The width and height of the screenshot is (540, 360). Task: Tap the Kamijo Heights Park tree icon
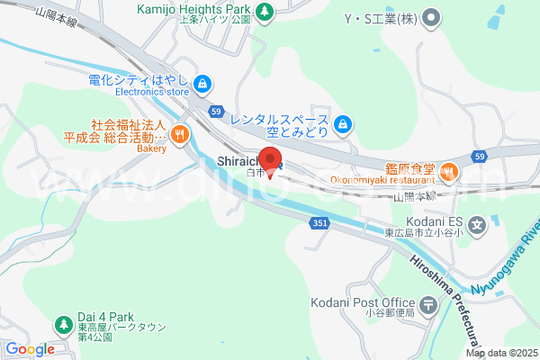(x=265, y=12)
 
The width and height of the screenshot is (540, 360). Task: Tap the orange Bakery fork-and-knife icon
(x=180, y=135)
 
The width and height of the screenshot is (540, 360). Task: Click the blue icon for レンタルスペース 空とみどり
(x=342, y=123)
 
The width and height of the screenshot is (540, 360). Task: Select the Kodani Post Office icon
(x=427, y=304)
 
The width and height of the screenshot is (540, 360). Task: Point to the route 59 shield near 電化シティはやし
(x=216, y=111)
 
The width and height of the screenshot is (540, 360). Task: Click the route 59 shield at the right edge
(x=480, y=157)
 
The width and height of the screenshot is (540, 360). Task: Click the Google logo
(x=30, y=349)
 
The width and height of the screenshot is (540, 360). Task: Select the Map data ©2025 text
(x=501, y=354)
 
